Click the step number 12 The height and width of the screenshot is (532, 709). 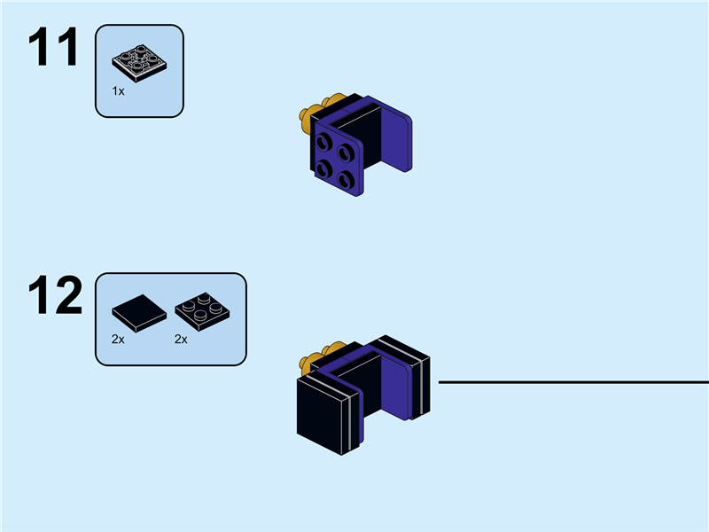tap(54, 296)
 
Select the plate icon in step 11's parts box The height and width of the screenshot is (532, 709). tap(139, 59)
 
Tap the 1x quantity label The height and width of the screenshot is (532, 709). tap(118, 91)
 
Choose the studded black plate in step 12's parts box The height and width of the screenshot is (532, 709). tap(201, 311)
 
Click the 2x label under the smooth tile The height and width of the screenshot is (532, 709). tap(119, 339)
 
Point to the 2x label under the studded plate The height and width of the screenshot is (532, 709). tap(181, 339)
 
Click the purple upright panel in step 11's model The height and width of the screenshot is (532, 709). tap(395, 138)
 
